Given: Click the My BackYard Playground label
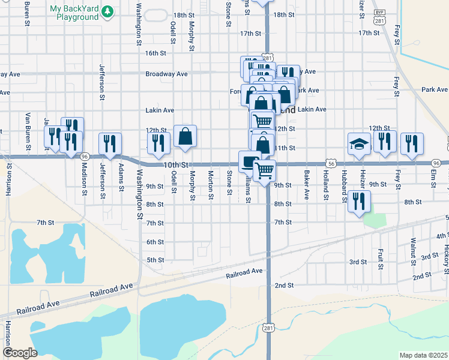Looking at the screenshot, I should pyautogui.click(x=74, y=13).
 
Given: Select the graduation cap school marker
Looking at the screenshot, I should pyautogui.click(x=358, y=144).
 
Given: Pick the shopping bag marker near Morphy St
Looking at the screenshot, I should pyautogui.click(x=185, y=137).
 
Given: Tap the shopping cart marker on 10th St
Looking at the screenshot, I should pyautogui.click(x=265, y=171).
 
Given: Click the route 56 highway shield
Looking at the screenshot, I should pyautogui.click(x=331, y=163).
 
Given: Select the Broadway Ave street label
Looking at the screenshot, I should pyautogui.click(x=166, y=74).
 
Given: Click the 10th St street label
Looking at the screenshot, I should pyautogui.click(x=176, y=164).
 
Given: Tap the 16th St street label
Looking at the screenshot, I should pyautogui.click(x=155, y=53).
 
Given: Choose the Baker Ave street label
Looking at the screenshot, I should pyautogui.click(x=306, y=185).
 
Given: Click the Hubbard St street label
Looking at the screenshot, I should pyautogui.click(x=344, y=185).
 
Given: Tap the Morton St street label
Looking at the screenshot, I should pyautogui.click(x=211, y=185).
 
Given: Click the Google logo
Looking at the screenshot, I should pyautogui.click(x=20, y=353).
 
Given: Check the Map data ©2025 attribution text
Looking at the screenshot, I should pyautogui.click(x=423, y=355).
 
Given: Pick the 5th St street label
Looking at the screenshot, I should pyautogui.click(x=155, y=260).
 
